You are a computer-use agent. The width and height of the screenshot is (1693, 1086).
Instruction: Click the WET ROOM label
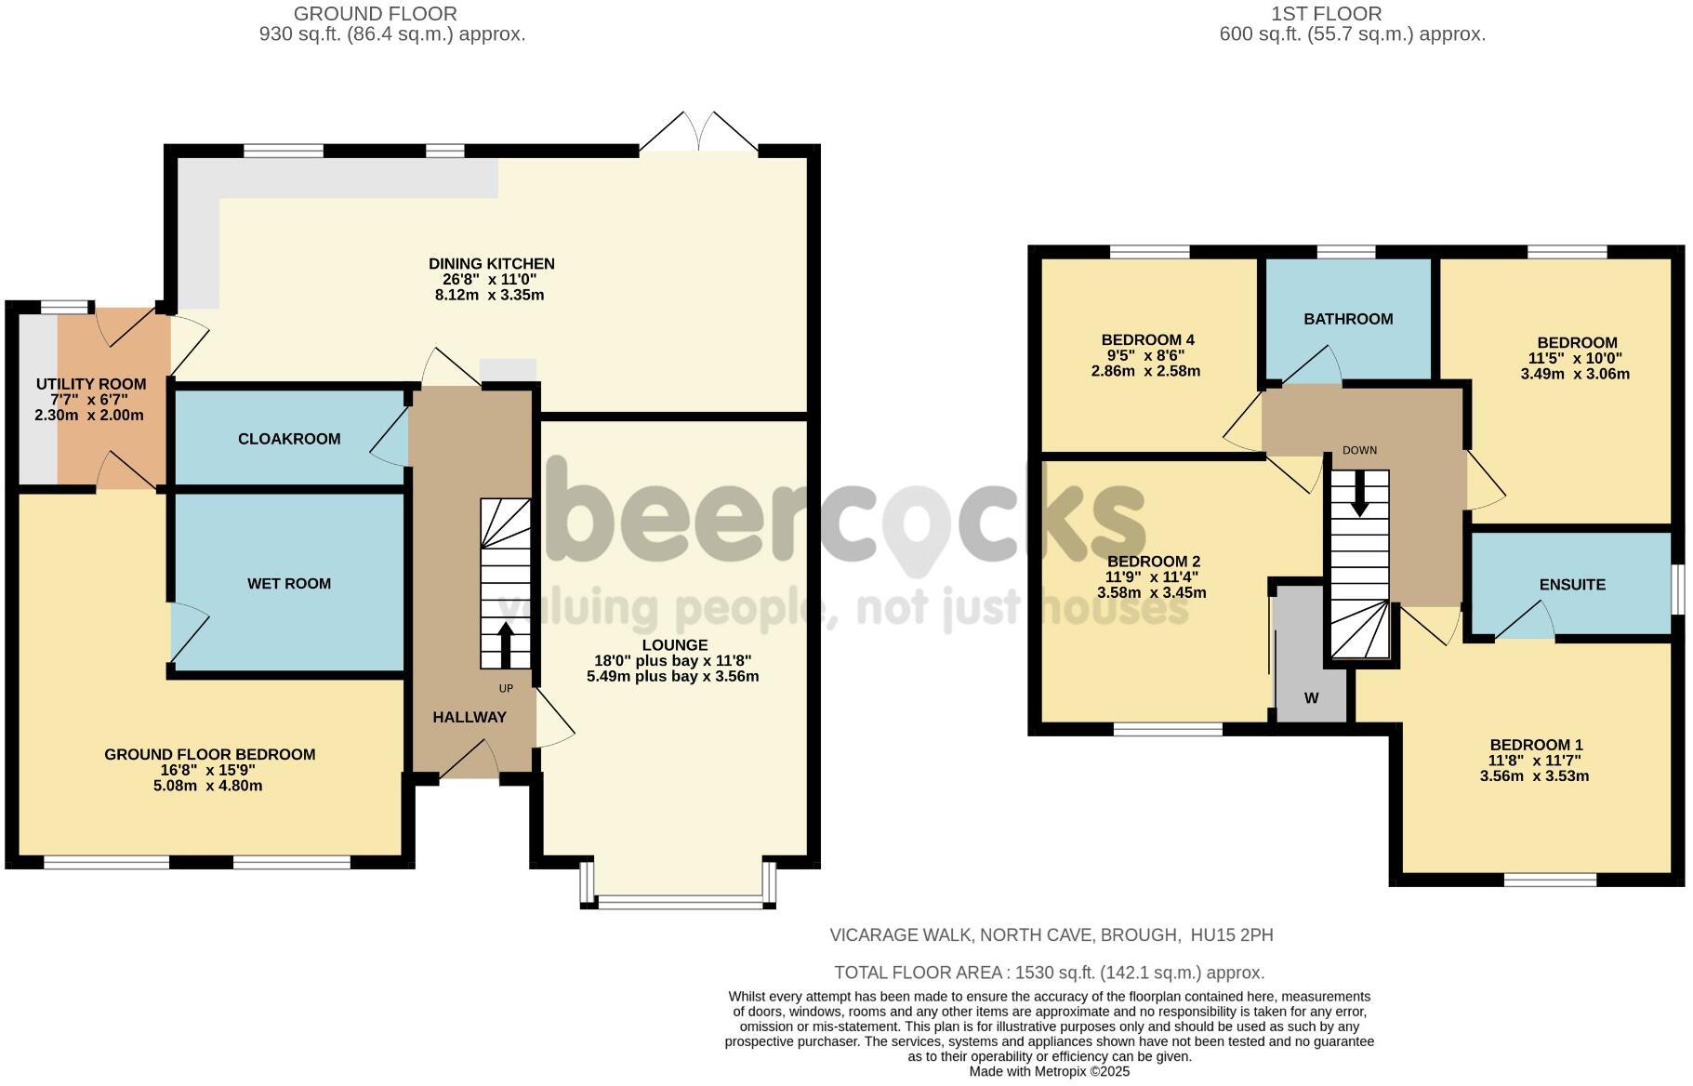click(288, 584)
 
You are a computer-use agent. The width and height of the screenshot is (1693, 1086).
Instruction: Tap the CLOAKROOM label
click(289, 439)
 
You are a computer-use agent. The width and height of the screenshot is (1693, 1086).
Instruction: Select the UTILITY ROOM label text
click(91, 384)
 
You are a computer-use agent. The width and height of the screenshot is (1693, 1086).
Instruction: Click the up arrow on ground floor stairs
click(506, 644)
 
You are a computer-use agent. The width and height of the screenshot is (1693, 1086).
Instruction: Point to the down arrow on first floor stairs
click(1359, 494)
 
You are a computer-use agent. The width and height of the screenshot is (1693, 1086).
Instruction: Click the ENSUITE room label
click(1572, 585)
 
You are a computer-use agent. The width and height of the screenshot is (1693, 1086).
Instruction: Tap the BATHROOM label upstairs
click(1348, 319)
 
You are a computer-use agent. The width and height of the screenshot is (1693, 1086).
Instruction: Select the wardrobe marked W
click(1311, 697)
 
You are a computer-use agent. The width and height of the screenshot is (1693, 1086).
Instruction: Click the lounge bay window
click(678, 900)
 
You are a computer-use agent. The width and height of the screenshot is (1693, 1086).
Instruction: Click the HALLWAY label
click(470, 717)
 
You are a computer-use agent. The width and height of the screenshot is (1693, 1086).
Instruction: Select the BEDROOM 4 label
click(1147, 340)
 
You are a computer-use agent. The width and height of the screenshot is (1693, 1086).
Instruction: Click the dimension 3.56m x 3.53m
click(1534, 776)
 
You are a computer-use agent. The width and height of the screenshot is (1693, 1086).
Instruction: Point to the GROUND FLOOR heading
click(375, 14)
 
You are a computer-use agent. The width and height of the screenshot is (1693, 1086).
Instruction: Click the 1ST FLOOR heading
click(1326, 14)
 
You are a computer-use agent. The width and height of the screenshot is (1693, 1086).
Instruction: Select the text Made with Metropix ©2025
click(1050, 1071)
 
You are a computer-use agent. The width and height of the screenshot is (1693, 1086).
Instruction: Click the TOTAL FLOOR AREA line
click(1049, 973)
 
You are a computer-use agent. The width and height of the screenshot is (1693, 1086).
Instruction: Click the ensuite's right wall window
click(1679, 589)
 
